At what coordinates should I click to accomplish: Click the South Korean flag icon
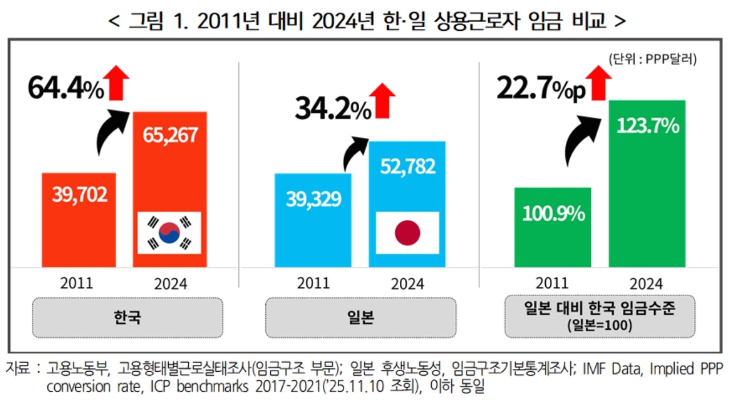tap(169, 233)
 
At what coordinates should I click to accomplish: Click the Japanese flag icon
tap(407, 233)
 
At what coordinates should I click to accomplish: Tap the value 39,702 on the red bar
tap(79, 195)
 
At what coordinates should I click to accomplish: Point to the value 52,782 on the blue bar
tap(407, 166)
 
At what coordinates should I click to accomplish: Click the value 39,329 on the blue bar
tap(313, 198)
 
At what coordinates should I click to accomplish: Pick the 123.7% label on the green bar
tap(647, 125)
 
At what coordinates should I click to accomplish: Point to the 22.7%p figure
tap(541, 88)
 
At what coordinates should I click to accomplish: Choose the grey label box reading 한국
tap(127, 318)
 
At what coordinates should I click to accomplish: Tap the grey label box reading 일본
tap(360, 318)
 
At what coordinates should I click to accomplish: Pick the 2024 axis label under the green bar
tap(647, 283)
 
